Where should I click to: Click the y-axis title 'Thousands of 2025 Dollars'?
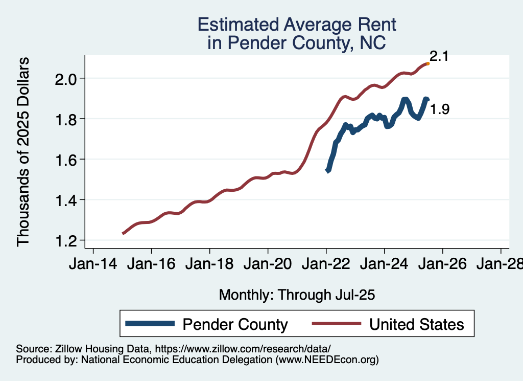pyautogui.click(x=24, y=152)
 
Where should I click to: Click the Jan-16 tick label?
pyautogui.click(x=151, y=264)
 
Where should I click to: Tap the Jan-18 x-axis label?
pyautogui.click(x=209, y=264)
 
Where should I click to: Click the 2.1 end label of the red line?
pyautogui.click(x=439, y=56)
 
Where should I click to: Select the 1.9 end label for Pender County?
pyautogui.click(x=439, y=109)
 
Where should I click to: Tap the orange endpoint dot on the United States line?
pyautogui.click(x=427, y=63)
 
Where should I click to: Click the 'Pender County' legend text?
pyautogui.click(x=235, y=324)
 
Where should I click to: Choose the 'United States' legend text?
pyautogui.click(x=416, y=324)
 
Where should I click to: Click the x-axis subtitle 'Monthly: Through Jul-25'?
pyautogui.click(x=297, y=295)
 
